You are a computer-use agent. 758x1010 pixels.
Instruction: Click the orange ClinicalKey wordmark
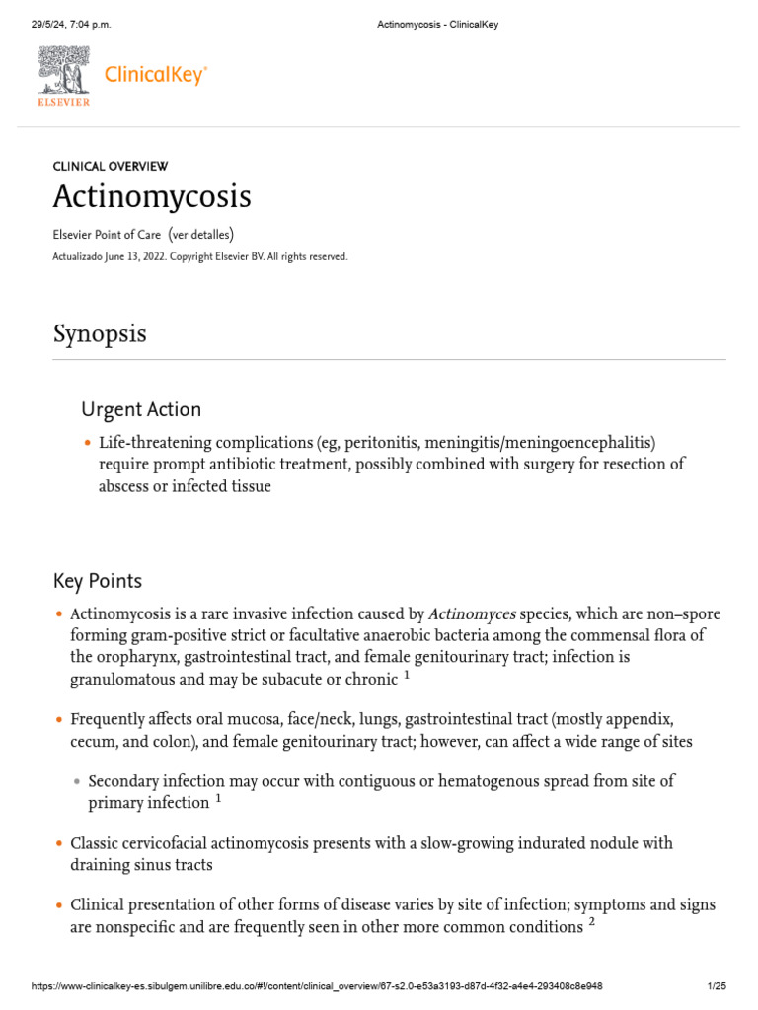(x=156, y=75)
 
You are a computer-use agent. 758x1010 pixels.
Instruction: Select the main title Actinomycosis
(x=151, y=196)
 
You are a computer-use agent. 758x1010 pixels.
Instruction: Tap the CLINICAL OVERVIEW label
(x=110, y=167)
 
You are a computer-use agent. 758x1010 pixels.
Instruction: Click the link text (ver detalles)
(x=201, y=234)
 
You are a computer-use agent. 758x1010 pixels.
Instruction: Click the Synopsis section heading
(x=99, y=333)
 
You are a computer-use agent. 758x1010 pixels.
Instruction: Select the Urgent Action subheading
(x=140, y=409)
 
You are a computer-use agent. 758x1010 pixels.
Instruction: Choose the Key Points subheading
(x=97, y=581)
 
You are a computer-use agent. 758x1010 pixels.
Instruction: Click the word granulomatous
(x=122, y=679)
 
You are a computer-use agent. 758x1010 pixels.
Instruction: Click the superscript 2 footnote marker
(x=591, y=922)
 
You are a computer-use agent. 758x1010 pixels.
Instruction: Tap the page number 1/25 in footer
(x=717, y=986)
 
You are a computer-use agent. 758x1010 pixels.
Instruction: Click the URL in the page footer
(x=317, y=986)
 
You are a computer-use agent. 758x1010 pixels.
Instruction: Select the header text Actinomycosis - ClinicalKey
(x=438, y=25)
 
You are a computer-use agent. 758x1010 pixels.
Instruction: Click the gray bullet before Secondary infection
(x=76, y=781)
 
